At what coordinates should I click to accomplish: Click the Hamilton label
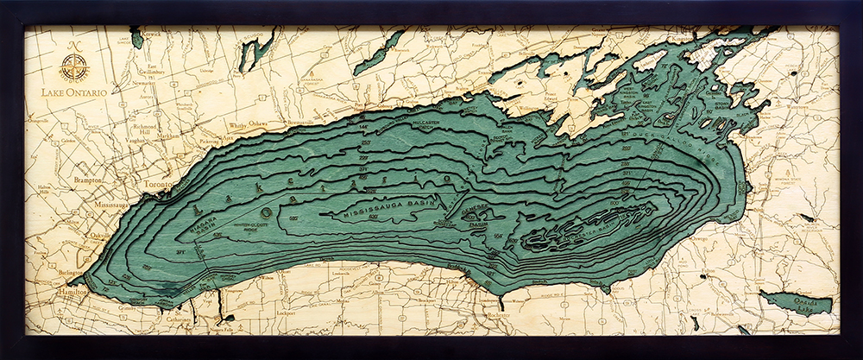pyautogui.click(x=72, y=294)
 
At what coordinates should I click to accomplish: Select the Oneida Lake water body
pyautogui.click(x=798, y=302)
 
